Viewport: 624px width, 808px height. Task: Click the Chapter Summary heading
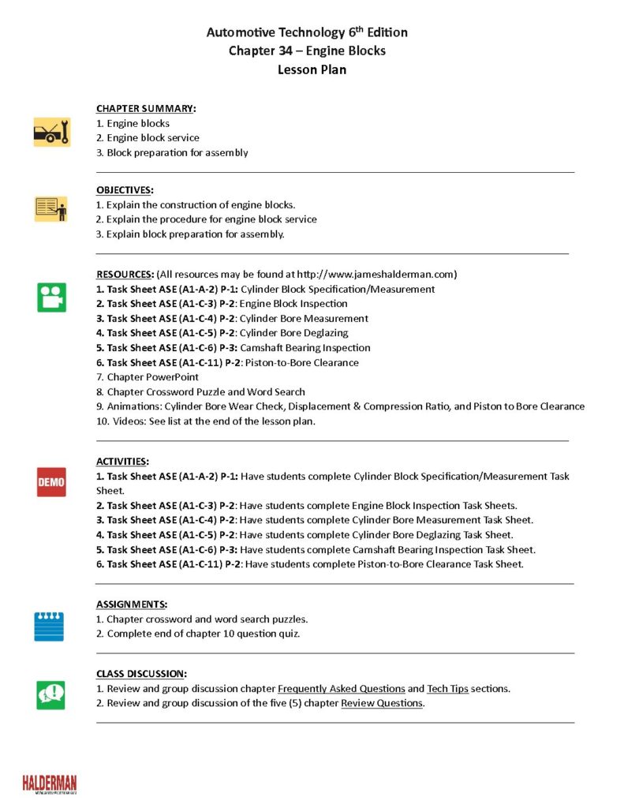pos(146,108)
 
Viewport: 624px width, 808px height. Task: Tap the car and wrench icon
pos(51,133)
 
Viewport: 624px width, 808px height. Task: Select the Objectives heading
pos(125,190)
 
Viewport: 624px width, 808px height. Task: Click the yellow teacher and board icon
pos(51,209)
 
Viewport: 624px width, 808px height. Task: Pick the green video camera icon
pos(51,297)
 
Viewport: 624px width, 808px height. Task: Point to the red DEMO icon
pos(51,481)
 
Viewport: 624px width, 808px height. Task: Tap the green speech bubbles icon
pos(51,694)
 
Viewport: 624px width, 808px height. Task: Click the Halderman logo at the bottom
pos(50,784)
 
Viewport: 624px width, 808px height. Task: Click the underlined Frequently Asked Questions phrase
pos(342,688)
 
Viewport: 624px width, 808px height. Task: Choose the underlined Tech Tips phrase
pos(447,688)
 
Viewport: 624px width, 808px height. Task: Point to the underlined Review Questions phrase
pos(382,703)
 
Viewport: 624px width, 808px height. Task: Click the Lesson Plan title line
pos(312,69)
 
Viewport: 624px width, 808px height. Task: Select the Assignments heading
pos(132,604)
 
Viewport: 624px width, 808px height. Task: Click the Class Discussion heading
pos(142,674)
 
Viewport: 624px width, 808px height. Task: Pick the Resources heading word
pos(125,275)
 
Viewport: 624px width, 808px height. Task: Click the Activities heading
pos(122,462)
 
